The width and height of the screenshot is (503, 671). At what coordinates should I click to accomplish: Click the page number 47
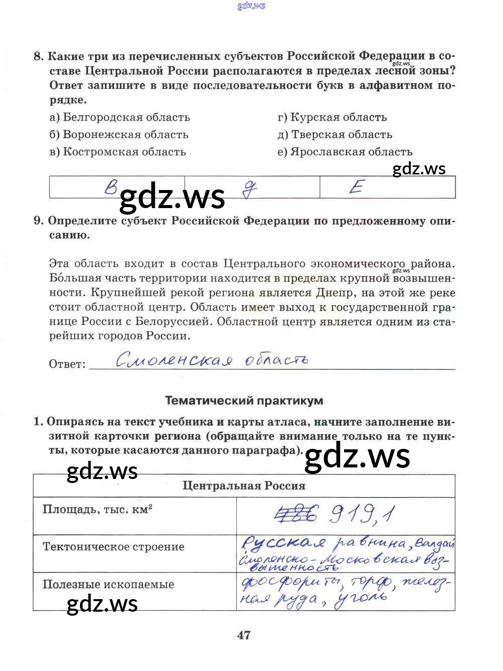[x=244, y=635]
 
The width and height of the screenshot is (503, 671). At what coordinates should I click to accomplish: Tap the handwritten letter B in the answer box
[x=111, y=187]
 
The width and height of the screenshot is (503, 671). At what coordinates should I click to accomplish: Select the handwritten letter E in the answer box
[x=356, y=187]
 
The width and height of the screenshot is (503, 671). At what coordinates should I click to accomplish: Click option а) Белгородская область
[x=120, y=118]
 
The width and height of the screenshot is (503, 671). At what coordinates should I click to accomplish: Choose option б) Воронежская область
[x=119, y=135]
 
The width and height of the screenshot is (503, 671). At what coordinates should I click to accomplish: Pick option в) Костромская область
[x=118, y=152]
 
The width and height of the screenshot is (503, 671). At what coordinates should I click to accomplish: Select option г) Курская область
[x=332, y=118]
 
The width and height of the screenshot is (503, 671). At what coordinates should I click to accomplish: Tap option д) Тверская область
[x=334, y=135]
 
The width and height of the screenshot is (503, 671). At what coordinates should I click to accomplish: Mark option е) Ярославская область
[x=345, y=152]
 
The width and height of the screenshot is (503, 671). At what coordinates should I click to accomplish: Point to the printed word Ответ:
[x=67, y=364]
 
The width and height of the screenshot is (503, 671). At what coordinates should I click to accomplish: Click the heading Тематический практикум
[x=244, y=401]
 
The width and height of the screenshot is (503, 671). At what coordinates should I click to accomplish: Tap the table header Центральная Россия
[x=244, y=486]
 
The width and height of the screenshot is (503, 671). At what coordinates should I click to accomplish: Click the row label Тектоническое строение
[x=114, y=547]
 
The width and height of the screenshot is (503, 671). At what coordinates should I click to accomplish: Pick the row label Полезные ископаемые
[x=109, y=585]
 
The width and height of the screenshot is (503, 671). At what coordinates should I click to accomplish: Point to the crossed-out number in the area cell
[x=297, y=514]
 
